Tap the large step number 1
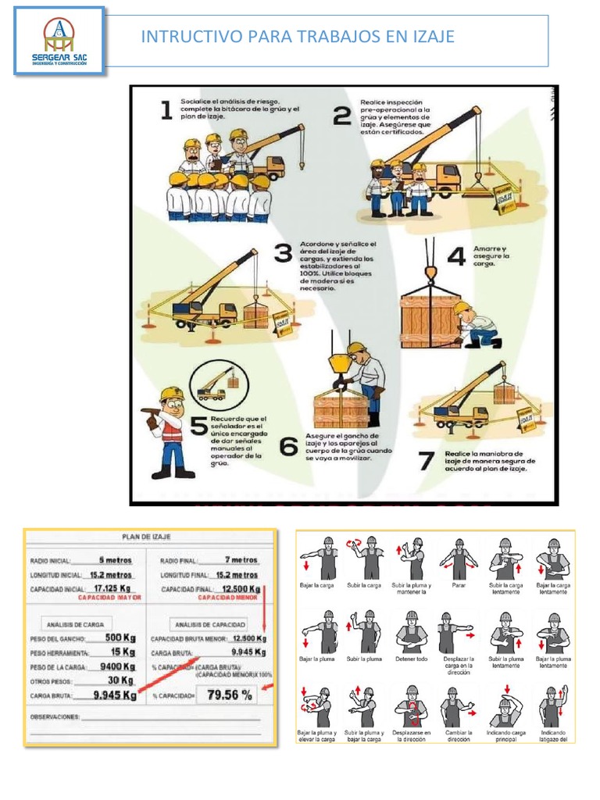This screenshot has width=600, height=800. click(167, 111)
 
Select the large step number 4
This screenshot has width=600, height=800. click(456, 256)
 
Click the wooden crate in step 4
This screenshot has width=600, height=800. click(430, 320)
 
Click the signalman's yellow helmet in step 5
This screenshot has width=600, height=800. click(172, 394)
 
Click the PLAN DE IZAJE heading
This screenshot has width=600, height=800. click(147, 537)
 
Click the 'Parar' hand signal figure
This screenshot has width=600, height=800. click(459, 558)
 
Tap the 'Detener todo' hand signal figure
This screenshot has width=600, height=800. click(412, 631)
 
